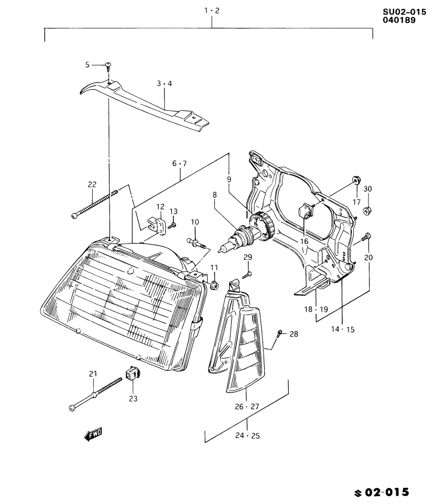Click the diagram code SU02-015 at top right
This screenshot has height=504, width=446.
(404, 12)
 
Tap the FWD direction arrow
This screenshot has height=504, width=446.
(92, 434)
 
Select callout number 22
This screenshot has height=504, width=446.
(92, 184)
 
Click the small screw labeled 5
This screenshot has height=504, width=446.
(108, 66)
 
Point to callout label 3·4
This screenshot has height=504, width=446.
(164, 83)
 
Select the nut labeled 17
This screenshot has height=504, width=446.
(356, 181)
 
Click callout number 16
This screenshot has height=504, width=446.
(304, 241)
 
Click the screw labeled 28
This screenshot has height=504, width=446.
(279, 333)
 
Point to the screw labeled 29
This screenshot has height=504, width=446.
(248, 274)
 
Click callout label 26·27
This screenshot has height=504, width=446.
(247, 406)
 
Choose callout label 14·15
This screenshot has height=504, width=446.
(342, 329)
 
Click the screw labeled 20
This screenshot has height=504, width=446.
(366, 237)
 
